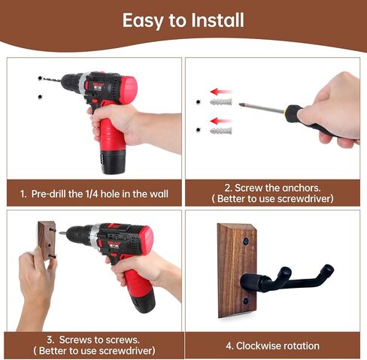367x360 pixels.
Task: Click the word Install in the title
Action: pyautogui.click(x=217, y=20)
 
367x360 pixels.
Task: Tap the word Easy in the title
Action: pyautogui.click(x=145, y=20)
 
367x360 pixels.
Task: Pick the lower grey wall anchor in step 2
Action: pyautogui.click(x=220, y=131)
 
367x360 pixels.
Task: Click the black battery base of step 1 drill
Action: pyautogui.click(x=114, y=159)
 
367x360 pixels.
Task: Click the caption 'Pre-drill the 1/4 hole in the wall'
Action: pyautogui.click(x=94, y=194)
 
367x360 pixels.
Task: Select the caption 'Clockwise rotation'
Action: pyautogui.click(x=272, y=346)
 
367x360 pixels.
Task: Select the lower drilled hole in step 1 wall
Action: pyautogui.click(x=39, y=96)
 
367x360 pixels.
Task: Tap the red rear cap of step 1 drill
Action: pyautogui.click(x=129, y=89)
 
